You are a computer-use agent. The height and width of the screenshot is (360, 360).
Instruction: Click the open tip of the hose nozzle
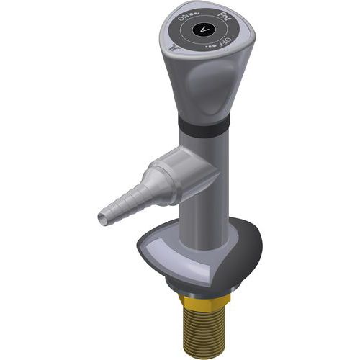coord(101,215)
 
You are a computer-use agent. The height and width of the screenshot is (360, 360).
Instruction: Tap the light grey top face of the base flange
coord(173,248)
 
